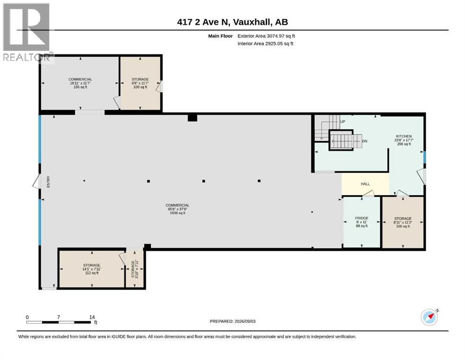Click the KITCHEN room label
point(404,136)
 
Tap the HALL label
point(365,184)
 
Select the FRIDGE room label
point(362,218)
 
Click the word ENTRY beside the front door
point(48,181)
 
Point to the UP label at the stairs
point(342,122)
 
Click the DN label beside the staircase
point(365,141)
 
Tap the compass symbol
point(429,317)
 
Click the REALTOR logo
point(26,32)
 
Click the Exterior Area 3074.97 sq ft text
point(266,36)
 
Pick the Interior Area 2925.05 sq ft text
point(266,44)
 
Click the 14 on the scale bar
point(92,317)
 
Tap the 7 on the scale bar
point(59,317)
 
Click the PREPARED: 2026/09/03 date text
point(232,322)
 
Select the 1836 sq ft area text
point(177,213)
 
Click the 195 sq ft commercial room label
point(80,87)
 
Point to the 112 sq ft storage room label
point(92,273)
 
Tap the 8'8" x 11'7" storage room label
point(140,83)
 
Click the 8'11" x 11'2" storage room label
point(403,222)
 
